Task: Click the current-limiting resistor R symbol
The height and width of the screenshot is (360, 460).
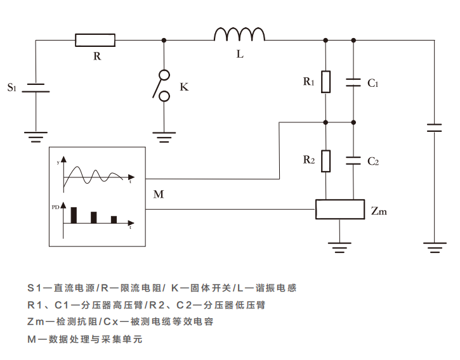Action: [95, 40]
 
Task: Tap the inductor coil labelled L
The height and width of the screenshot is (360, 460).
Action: [239, 35]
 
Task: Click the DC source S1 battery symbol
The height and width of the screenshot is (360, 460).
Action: [36, 87]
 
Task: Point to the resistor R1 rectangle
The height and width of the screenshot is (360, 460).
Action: [325, 82]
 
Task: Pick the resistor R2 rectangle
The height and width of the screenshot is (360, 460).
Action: [325, 161]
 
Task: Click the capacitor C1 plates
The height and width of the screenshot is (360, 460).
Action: [353, 82]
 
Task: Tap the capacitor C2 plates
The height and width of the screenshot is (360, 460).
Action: [353, 160]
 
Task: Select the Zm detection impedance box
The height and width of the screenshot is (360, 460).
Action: [340, 210]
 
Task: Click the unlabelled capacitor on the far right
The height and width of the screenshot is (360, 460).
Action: [435, 127]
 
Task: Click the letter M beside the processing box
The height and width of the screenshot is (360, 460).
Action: [159, 195]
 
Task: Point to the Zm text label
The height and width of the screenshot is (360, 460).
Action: [379, 211]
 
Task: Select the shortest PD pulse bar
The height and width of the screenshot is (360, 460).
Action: [114, 219]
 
